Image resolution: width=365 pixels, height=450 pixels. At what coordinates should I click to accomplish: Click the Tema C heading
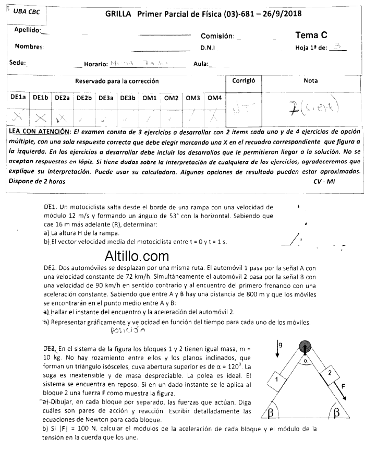pos(311,35)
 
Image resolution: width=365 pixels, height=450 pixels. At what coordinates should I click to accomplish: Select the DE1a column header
pos(18,98)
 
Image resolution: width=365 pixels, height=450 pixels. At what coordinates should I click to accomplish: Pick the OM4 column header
pos(214,98)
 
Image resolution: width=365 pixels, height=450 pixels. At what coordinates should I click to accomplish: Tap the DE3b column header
pos(127,98)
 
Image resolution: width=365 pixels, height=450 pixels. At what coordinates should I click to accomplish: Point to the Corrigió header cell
pos(244,81)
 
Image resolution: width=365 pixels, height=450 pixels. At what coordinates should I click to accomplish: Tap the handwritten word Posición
pos(128,330)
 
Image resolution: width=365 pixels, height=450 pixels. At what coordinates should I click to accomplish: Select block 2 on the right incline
pos(329,373)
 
